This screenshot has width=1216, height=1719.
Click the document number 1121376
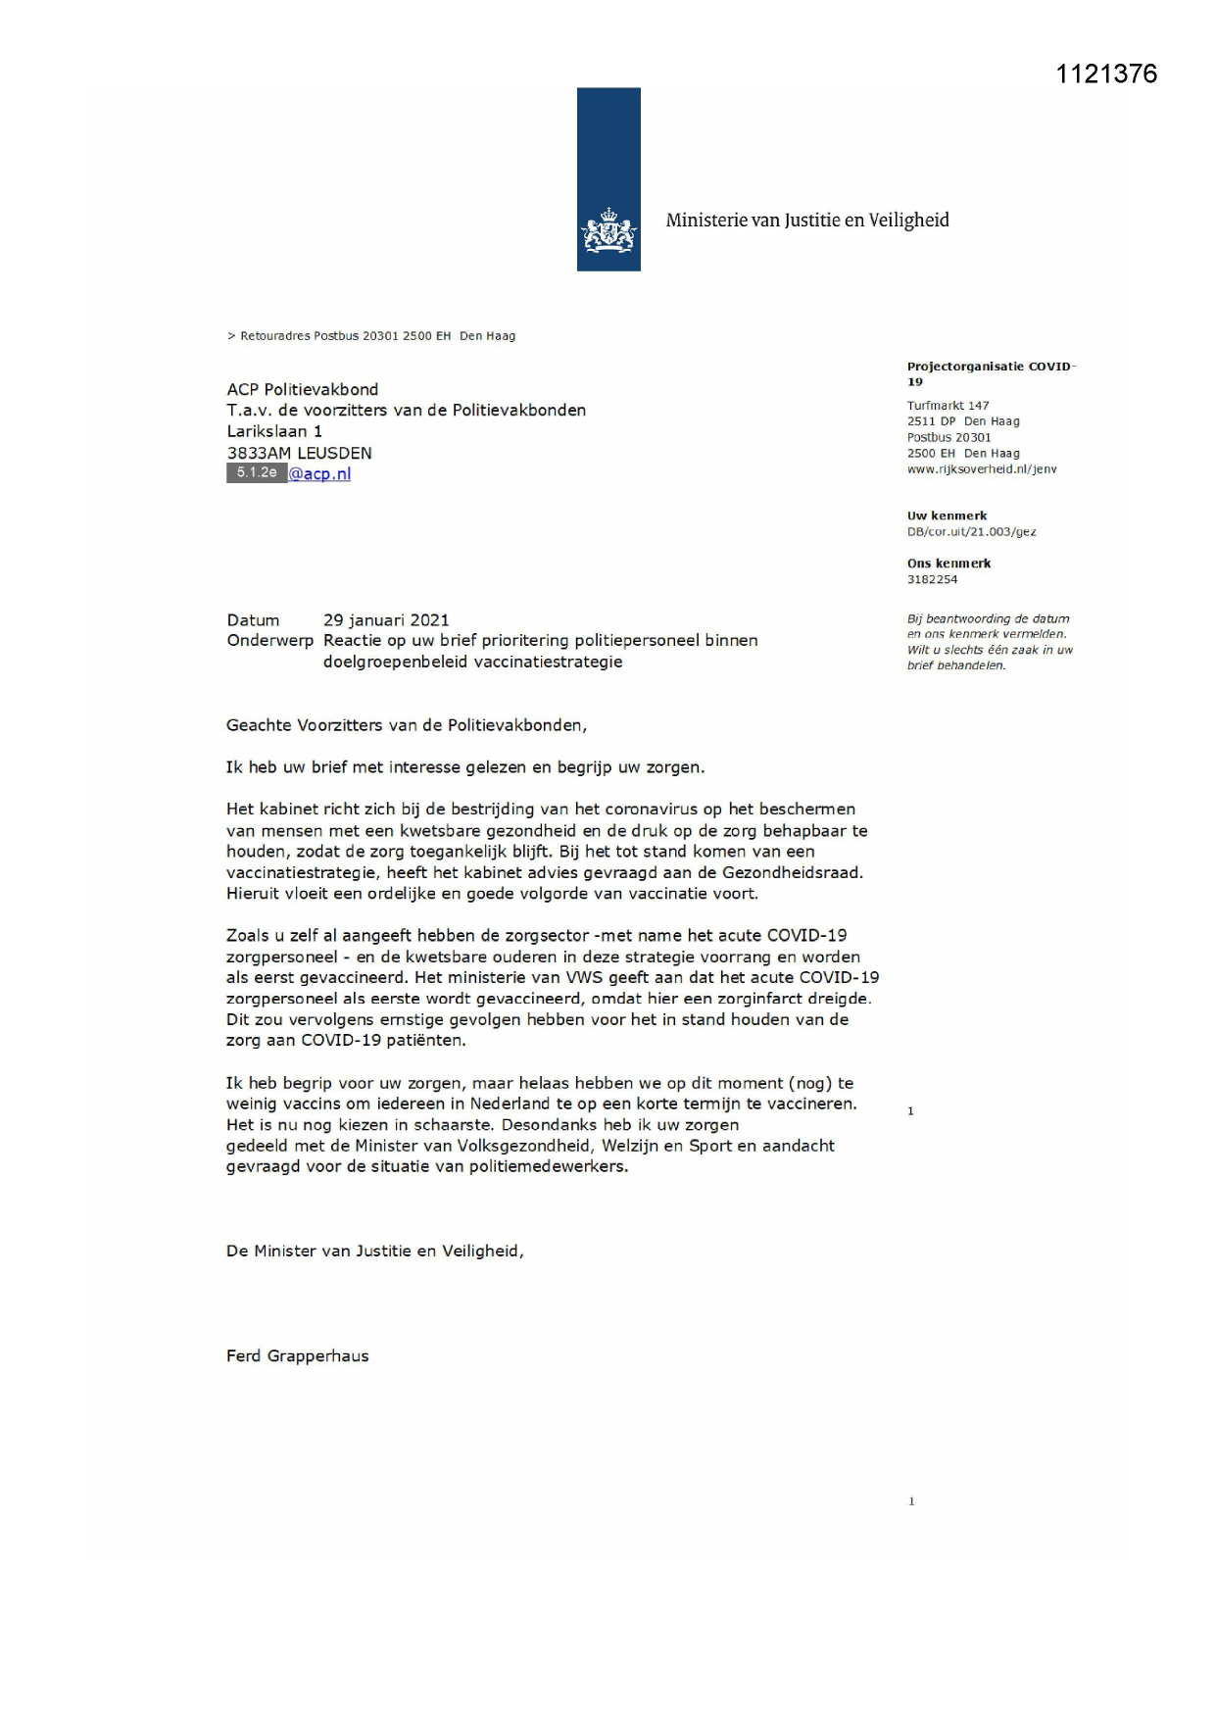click(x=1106, y=74)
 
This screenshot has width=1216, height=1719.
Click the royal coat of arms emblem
click(x=608, y=231)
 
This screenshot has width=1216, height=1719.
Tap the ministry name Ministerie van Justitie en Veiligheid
click(x=807, y=221)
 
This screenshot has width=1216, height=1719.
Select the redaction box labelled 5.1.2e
click(x=257, y=473)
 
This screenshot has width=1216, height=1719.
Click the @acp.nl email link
click(x=319, y=474)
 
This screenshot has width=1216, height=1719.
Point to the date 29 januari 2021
click(x=386, y=620)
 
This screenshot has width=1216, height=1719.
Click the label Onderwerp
click(x=269, y=641)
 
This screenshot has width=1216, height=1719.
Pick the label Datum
click(x=253, y=620)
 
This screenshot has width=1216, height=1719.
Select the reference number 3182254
click(x=932, y=580)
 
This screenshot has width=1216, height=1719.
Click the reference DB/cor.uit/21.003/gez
click(x=971, y=532)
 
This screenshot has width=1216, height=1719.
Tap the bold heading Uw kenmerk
click(x=947, y=516)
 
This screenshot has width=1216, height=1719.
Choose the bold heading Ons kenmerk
click(x=948, y=564)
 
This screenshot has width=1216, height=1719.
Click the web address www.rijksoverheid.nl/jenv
click(x=982, y=469)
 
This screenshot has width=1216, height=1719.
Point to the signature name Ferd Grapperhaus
click(x=297, y=1356)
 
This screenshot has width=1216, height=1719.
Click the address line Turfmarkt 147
click(x=948, y=406)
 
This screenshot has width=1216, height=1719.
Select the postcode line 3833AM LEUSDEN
click(x=299, y=453)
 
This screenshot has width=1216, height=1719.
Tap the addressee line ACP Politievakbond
click(x=302, y=390)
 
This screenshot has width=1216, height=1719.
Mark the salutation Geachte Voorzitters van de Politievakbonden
click(x=406, y=726)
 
